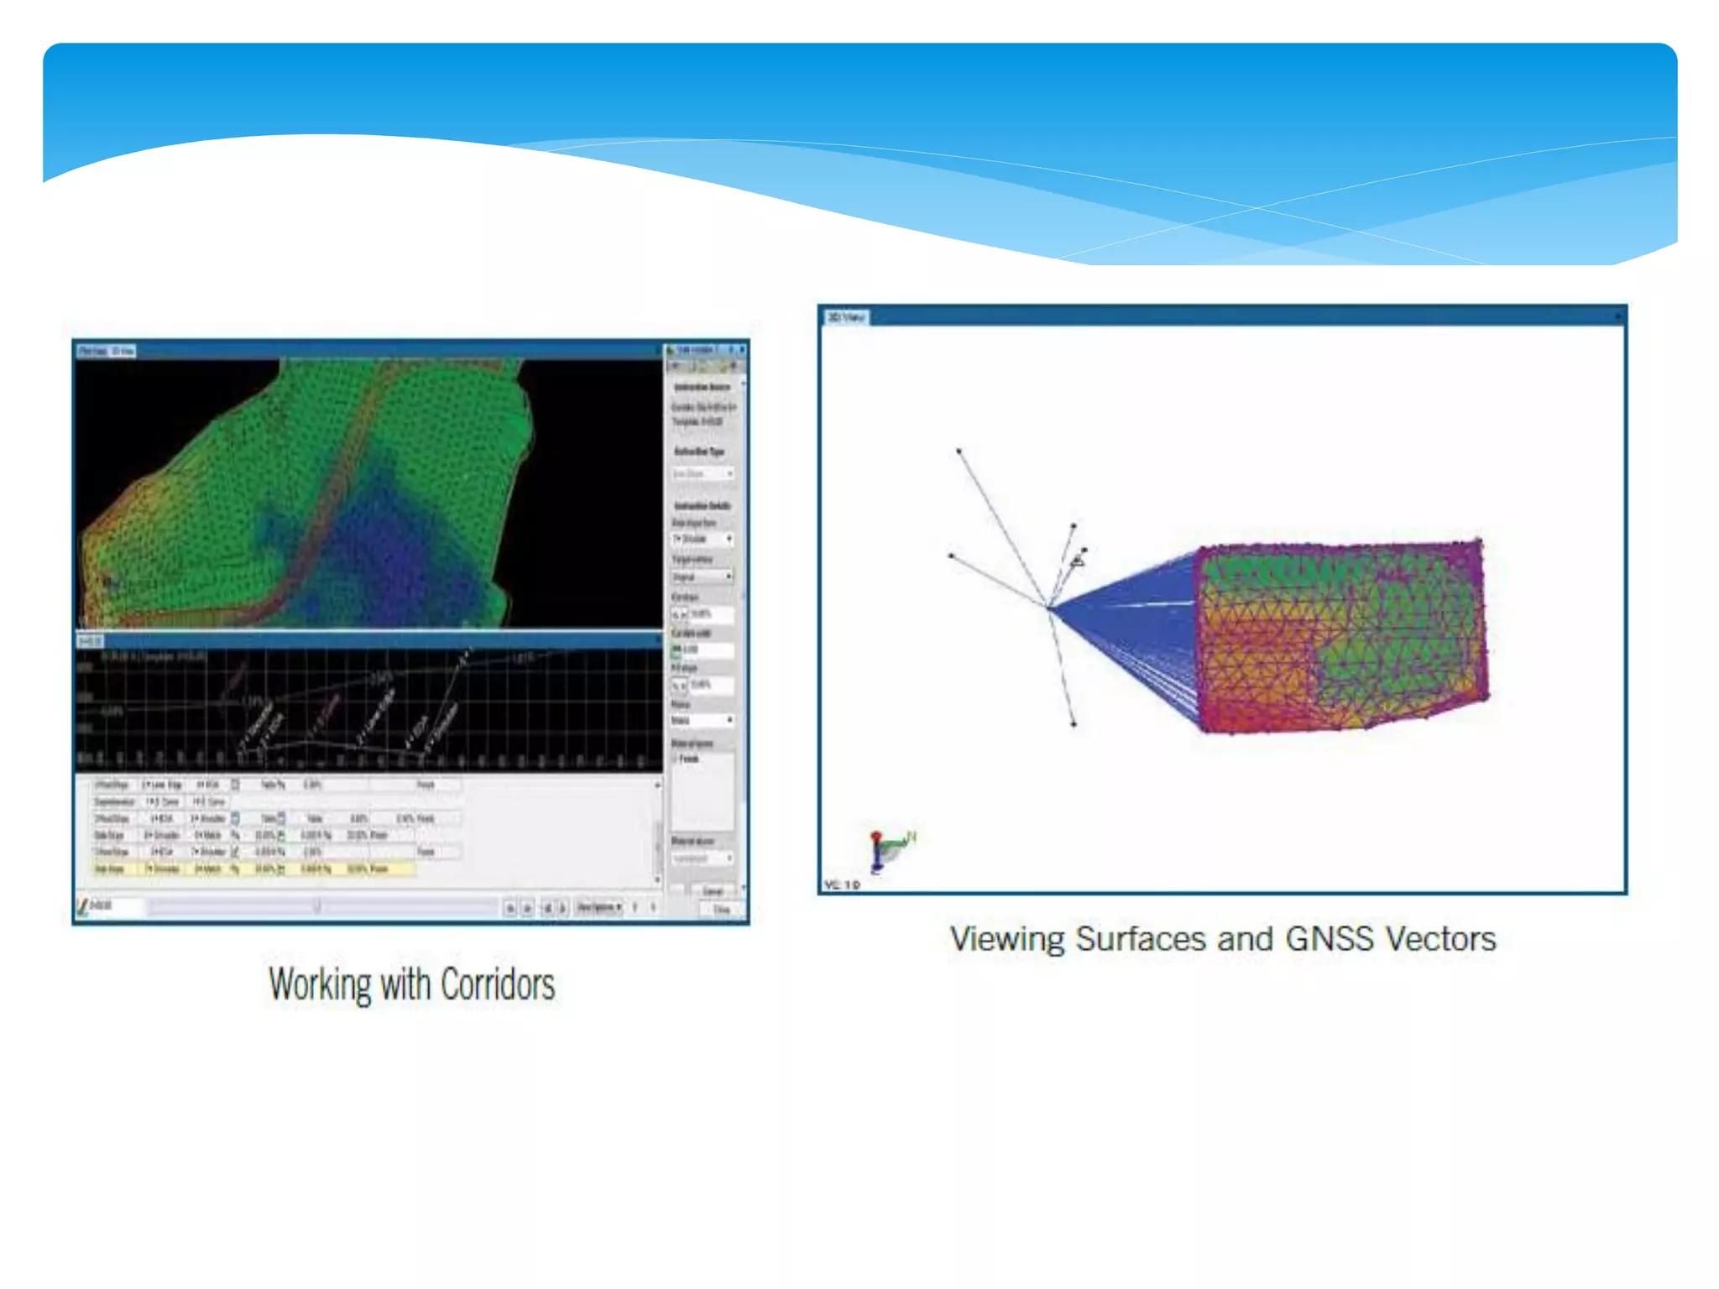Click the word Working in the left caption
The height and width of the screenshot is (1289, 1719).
click(319, 984)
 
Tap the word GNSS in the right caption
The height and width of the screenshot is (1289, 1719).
click(1329, 939)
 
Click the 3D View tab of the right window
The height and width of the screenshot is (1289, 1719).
click(846, 317)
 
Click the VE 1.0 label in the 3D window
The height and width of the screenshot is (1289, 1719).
click(842, 885)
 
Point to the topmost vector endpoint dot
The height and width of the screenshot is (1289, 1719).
click(959, 451)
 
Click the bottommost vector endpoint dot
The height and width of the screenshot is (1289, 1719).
click(1074, 723)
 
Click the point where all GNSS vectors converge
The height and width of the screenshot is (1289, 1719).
click(1048, 606)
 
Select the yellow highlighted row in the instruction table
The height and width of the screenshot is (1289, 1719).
click(252, 869)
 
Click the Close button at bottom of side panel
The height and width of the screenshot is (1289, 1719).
click(720, 909)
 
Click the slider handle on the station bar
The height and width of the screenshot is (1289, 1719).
click(317, 906)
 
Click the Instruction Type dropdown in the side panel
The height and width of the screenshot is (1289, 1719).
click(703, 474)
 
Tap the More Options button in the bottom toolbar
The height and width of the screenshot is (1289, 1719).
click(598, 907)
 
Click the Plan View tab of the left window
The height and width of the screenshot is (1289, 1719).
click(93, 351)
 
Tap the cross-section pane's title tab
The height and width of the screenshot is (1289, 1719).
click(90, 641)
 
